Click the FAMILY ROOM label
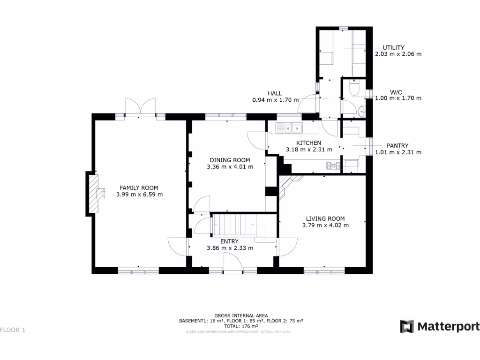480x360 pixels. click(139, 187)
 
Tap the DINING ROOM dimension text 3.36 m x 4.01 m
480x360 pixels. click(230, 167)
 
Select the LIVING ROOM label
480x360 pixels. click(325, 218)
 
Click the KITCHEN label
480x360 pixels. click(308, 143)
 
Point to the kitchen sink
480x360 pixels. click(290, 127)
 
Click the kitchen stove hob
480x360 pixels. click(333, 165)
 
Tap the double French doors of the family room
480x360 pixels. click(140, 107)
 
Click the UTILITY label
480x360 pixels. click(393, 48)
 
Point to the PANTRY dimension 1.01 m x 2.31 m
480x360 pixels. click(398, 152)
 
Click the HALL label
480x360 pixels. click(275, 93)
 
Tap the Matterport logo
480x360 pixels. click(440, 326)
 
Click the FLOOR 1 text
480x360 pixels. click(13, 330)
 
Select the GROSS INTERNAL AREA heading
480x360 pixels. click(241, 315)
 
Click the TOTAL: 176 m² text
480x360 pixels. click(241, 326)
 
